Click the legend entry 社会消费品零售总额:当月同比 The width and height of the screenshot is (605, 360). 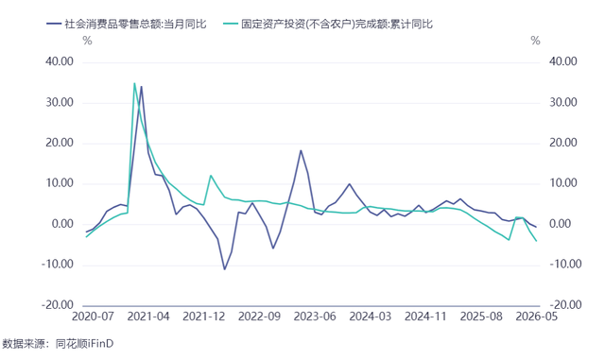(127, 24)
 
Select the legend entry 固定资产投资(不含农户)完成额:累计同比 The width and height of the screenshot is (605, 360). (328, 24)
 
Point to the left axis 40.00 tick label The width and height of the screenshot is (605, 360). (60, 61)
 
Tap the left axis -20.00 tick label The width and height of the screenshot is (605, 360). (58, 305)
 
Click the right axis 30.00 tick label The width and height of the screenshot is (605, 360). (563, 102)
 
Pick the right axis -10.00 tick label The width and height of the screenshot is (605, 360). (565, 265)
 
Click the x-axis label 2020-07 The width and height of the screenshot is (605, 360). (93, 317)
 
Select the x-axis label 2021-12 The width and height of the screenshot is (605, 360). (204, 317)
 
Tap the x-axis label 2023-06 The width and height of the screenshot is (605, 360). (315, 317)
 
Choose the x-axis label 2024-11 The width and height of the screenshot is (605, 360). (425, 317)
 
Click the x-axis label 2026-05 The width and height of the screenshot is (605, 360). (537, 317)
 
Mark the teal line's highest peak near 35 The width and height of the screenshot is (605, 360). (134, 83)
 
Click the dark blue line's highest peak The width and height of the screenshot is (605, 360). (141, 86)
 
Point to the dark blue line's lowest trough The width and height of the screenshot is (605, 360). (225, 269)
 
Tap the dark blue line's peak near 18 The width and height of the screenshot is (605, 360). (301, 150)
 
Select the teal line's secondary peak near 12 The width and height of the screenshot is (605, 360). (211, 176)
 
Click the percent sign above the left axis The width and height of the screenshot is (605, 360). (88, 41)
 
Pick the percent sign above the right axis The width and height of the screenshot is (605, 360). (536, 41)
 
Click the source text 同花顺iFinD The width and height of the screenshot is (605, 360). (84, 343)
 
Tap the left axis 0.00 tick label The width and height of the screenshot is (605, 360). (62, 224)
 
